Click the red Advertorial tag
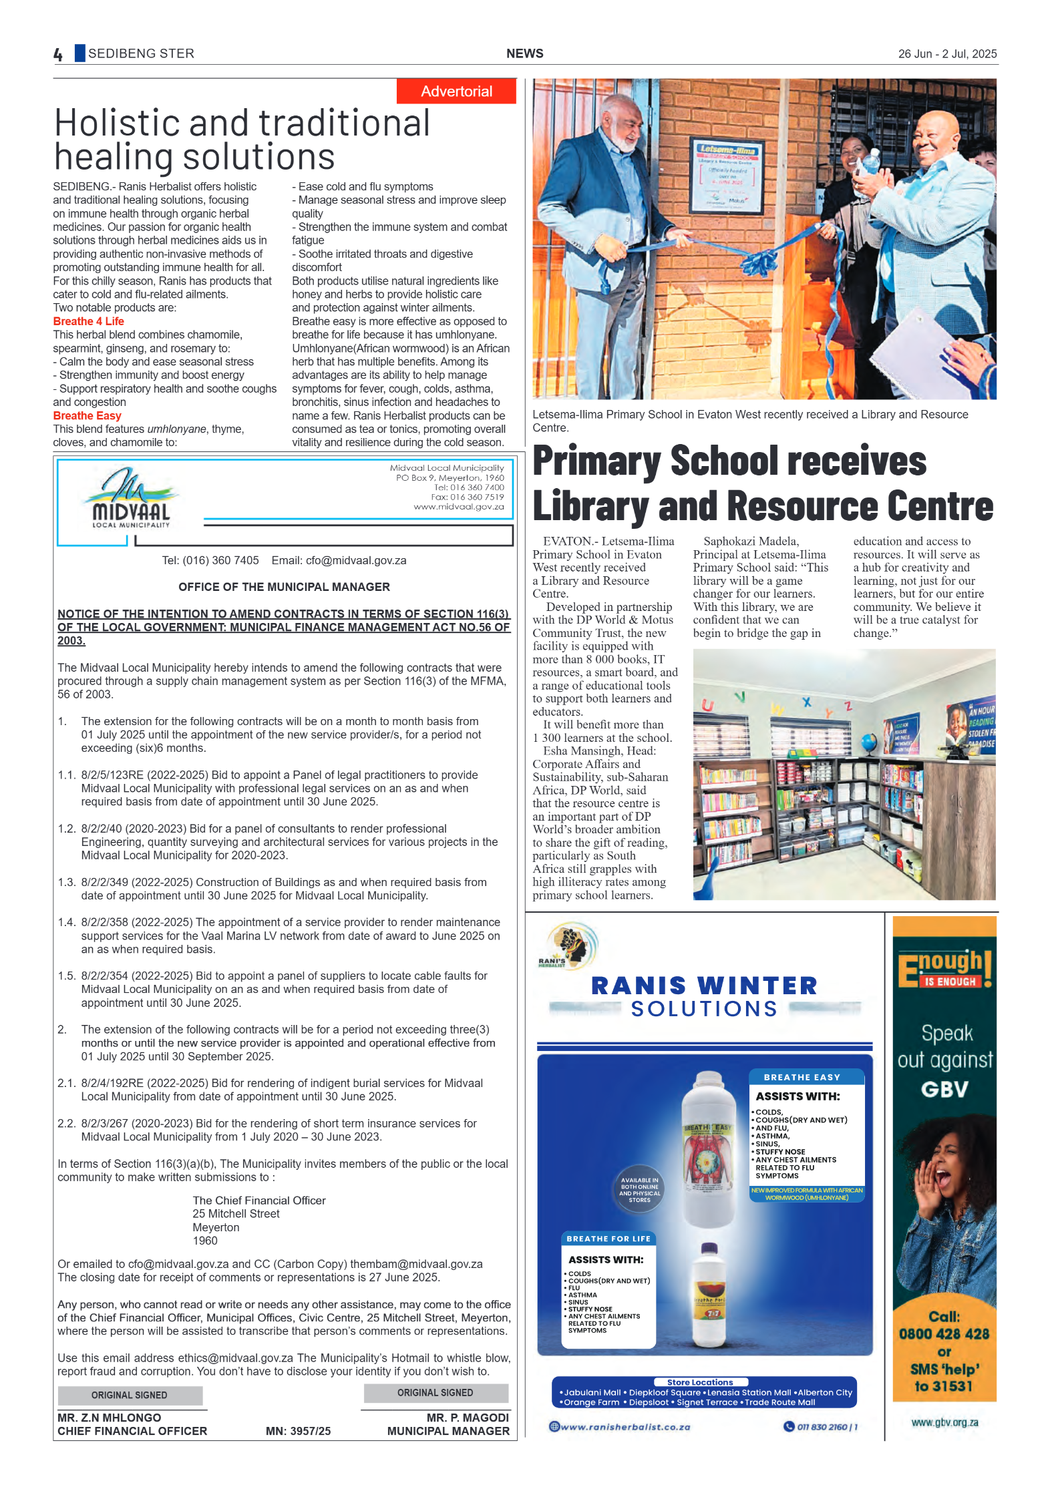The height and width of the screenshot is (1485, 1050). pos(456,91)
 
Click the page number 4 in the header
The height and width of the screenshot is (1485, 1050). pos(58,54)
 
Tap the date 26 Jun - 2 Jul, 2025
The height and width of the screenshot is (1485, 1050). pos(946,54)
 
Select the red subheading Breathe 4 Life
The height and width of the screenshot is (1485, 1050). pos(88,321)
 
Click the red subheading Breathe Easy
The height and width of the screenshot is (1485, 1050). pos(87,415)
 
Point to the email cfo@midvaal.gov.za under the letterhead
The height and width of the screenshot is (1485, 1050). pos(355,561)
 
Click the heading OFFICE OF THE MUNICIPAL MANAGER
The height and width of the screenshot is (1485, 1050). pos(284,587)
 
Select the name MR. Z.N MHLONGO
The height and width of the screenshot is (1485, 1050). pos(109,1418)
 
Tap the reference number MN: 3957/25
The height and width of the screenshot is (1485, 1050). pos(298,1431)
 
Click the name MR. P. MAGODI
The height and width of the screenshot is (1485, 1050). pos(468,1418)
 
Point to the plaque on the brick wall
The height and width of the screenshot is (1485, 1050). pos(727,175)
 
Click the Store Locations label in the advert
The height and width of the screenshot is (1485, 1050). pos(699,1382)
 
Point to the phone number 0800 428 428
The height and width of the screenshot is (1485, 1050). pos(943,1334)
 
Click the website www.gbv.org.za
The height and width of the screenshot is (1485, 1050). pos(944,1422)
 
